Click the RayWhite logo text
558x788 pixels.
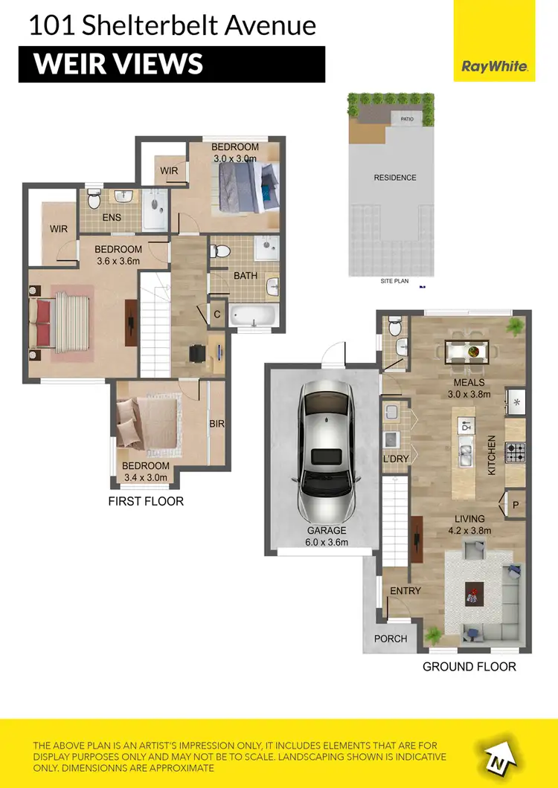coord(495,66)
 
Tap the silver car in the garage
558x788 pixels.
coord(325,455)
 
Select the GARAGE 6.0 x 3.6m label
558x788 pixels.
coord(326,536)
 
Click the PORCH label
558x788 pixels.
coord(391,639)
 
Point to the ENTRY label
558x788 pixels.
coord(405,591)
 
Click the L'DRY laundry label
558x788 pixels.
coord(395,459)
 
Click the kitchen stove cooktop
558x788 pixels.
coord(516,450)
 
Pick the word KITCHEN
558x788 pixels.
coord(492,454)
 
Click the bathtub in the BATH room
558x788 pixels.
coord(253,315)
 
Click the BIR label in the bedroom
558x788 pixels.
coord(217,424)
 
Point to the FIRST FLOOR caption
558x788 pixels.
coord(146,501)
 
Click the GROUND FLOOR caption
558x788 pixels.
coord(469,666)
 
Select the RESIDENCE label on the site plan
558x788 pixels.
coord(394,178)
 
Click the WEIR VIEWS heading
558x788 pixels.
coord(119,64)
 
